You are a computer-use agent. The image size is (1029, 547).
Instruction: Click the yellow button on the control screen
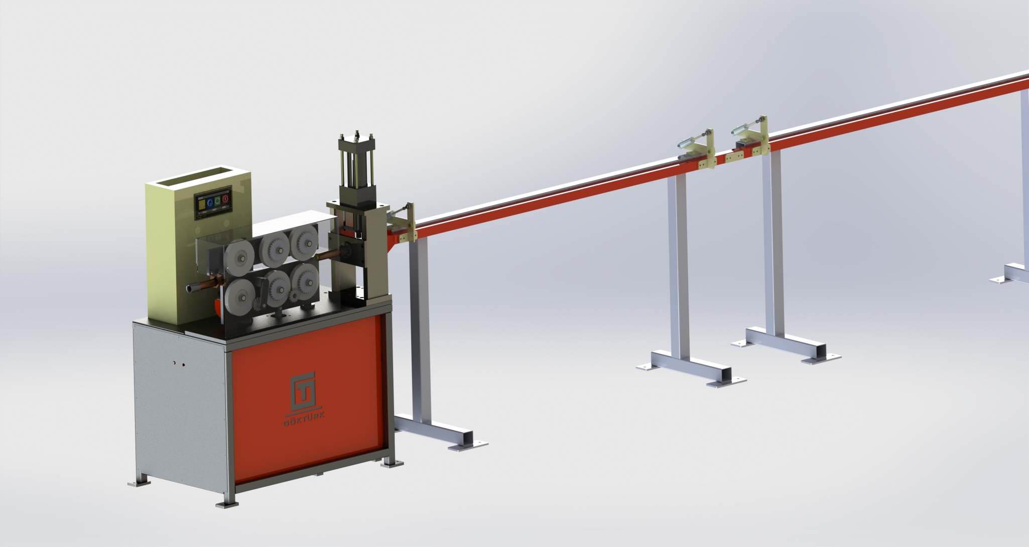click(201, 204)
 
